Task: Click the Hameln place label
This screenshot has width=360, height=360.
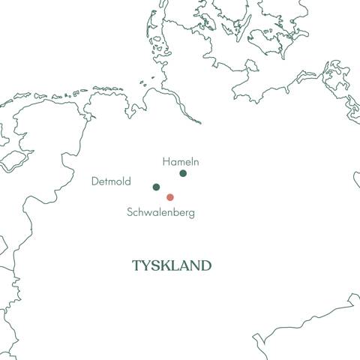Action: click(x=181, y=161)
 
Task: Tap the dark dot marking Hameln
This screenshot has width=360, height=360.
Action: click(x=183, y=173)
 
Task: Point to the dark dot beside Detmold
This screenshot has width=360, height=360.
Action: click(x=156, y=187)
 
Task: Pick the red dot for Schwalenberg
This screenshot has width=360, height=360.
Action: click(x=170, y=197)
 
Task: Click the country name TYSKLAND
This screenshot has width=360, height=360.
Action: click(x=172, y=265)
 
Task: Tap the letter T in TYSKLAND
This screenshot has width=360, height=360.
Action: click(x=136, y=265)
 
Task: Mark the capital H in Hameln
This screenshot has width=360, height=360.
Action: click(x=166, y=161)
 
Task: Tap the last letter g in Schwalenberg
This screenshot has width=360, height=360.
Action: click(x=191, y=214)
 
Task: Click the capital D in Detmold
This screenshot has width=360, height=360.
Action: click(x=94, y=181)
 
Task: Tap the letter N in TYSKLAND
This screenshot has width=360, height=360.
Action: click(x=194, y=265)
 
